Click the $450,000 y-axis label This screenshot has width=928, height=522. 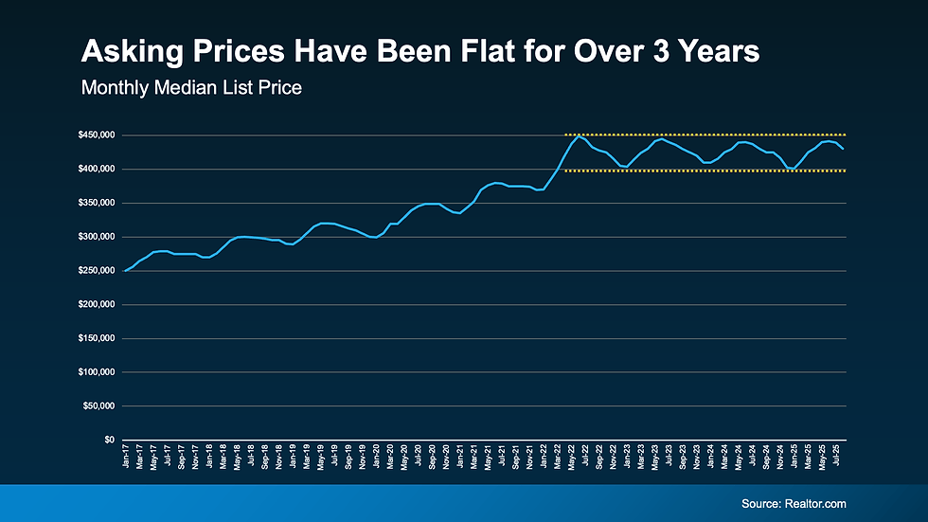click(96, 135)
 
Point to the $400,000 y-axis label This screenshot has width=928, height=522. click(96, 170)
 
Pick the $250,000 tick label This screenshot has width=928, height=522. click(96, 271)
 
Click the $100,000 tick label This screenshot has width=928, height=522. click(96, 372)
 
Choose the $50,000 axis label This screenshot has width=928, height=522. click(98, 406)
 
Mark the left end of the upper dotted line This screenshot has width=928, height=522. click(566, 135)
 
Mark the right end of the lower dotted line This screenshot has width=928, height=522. click(845, 171)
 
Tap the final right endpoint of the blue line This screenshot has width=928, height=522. click(844, 149)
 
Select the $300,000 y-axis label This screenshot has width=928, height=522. click(96, 237)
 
